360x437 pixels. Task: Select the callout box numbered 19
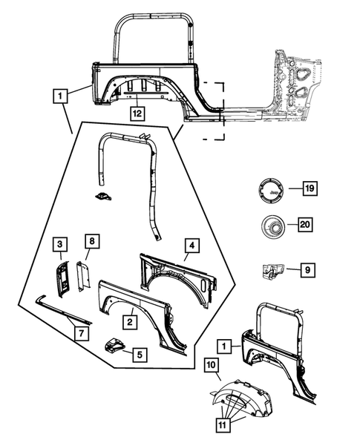tap(308, 189)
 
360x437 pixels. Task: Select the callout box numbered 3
tap(59, 243)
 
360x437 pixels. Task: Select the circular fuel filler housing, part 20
tap(271, 224)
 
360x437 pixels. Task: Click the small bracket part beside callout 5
tap(113, 346)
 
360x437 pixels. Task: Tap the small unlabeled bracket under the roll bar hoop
tap(105, 196)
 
